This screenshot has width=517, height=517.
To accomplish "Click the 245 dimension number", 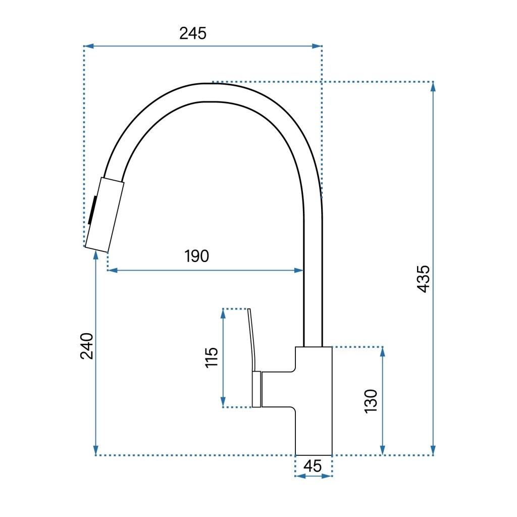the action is click(x=193, y=33).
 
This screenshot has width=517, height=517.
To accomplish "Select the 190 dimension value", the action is click(x=196, y=256).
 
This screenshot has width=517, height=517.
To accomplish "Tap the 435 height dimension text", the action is click(x=424, y=279).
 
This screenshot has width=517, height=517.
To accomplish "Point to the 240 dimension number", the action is click(x=87, y=346).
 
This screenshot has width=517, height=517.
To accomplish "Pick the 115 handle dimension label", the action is click(x=212, y=357).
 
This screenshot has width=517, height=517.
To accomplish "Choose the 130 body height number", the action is click(x=371, y=401).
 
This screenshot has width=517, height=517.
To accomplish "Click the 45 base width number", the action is click(x=313, y=466).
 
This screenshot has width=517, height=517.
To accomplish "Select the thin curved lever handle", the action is click(x=252, y=340).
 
